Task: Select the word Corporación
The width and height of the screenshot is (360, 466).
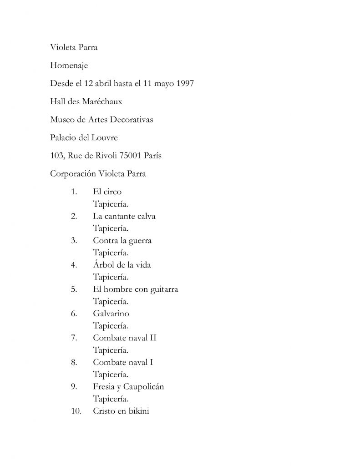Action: pos(72,173)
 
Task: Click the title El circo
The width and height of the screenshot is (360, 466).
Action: pos(107,192)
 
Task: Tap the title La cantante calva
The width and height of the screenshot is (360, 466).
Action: pos(124,216)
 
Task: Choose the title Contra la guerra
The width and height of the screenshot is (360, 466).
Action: pos(122,240)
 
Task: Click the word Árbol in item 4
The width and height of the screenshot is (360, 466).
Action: pos(103,264)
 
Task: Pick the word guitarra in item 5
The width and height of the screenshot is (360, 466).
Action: pos(164,289)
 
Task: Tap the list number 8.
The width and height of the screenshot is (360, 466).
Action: pos(74,362)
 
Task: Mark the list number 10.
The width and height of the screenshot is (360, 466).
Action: pos(76,411)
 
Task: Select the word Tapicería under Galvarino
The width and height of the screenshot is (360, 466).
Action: pos(111,326)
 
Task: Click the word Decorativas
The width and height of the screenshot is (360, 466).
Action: pos(131,120)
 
